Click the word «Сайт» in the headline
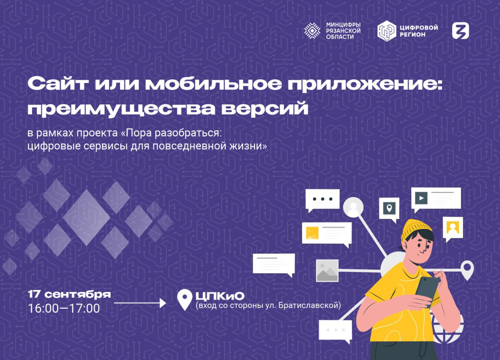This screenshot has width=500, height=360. [x=57, y=84]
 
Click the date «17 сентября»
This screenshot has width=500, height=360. [x=69, y=295]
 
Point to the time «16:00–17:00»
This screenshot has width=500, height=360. [x=64, y=308]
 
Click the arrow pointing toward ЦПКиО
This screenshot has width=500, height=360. [x=140, y=303]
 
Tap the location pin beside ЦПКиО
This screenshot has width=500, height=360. [x=185, y=299]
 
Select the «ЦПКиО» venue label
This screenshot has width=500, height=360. [x=220, y=296]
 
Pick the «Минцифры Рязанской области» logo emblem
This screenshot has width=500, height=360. [x=312, y=31]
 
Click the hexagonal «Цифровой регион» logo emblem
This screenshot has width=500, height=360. [x=387, y=31]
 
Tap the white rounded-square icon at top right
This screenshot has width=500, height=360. [x=461, y=31]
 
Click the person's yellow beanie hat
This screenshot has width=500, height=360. [x=416, y=230]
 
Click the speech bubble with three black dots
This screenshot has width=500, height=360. [x=323, y=201]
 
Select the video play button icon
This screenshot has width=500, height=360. [x=421, y=198]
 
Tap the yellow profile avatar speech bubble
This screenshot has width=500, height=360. [x=453, y=229]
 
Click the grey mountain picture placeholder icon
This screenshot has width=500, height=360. [x=327, y=270]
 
